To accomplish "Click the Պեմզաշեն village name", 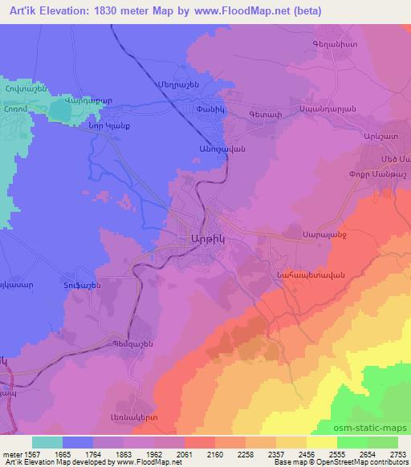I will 132,345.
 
